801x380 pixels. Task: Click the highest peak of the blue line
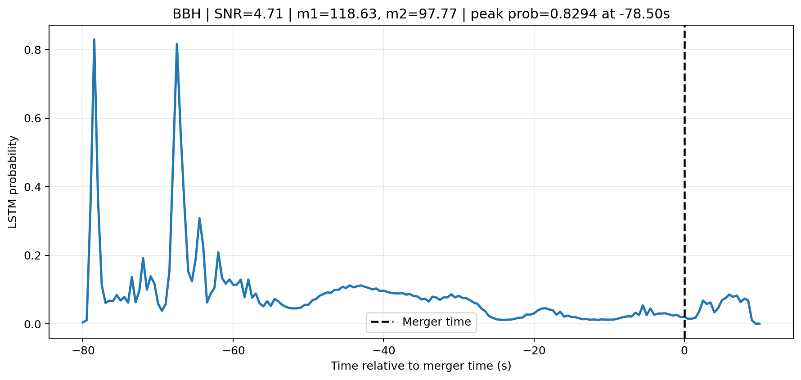(94, 40)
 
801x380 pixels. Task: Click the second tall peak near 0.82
(177, 44)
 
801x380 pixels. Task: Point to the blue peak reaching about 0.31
(199, 218)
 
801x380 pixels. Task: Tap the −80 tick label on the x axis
(82, 351)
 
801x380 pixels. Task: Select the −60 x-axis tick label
(233, 351)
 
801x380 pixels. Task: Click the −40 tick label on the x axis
(383, 351)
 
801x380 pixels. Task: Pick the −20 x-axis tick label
(534, 351)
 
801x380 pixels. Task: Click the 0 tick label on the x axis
(684, 351)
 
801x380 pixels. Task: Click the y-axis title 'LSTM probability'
(13, 182)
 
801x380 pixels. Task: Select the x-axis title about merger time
(421, 366)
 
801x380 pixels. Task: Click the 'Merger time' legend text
(436, 322)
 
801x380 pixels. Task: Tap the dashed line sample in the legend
(382, 322)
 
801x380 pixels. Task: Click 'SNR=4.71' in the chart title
(249, 14)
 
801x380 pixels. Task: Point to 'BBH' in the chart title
(187, 14)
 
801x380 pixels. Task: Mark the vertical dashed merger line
(684, 182)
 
